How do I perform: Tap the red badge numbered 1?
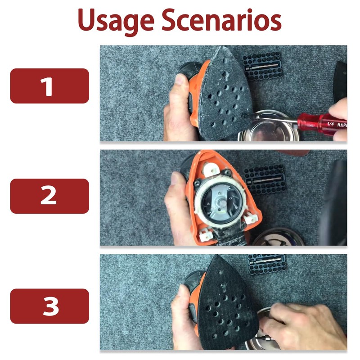coord(49,86)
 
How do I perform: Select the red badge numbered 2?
coord(49,196)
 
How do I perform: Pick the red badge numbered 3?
coord(49,306)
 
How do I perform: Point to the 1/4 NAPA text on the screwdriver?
coord(337,125)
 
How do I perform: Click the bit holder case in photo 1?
coord(262,66)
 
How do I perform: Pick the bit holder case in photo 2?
coord(265,179)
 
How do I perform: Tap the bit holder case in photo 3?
coord(267,264)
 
